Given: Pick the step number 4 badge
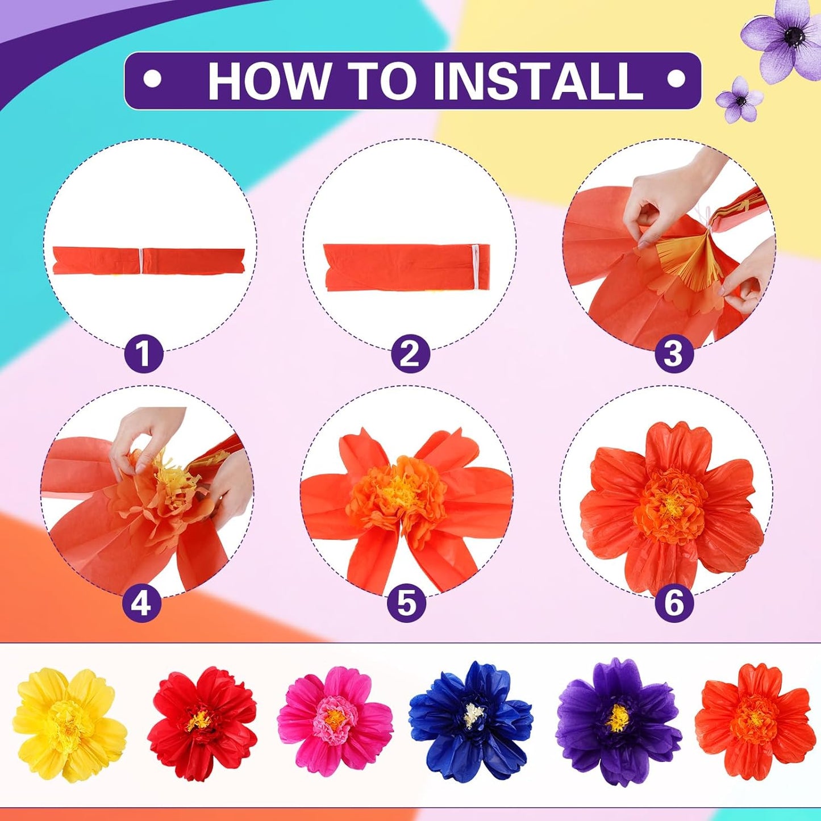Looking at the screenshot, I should tap(142, 603).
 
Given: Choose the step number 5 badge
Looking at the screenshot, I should tap(407, 603).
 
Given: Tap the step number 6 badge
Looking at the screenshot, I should tap(674, 603).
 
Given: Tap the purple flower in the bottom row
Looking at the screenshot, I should tap(619, 722).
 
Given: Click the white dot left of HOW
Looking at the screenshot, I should tap(152, 79).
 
